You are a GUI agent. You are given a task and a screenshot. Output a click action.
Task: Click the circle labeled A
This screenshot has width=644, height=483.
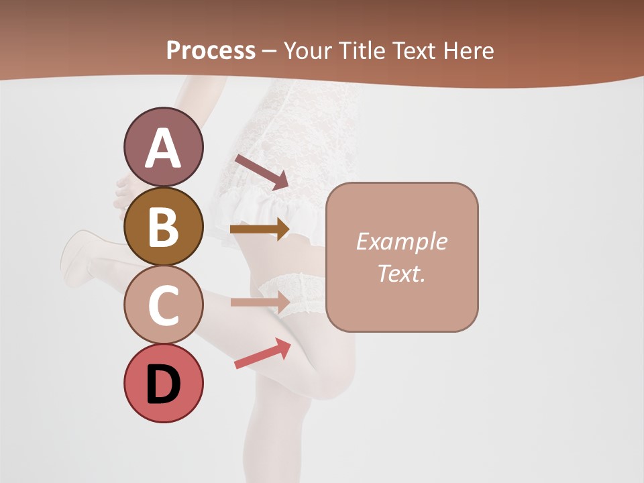pyautogui.click(x=163, y=148)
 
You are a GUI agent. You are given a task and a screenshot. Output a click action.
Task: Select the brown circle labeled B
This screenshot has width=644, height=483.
pyautogui.click(x=163, y=226)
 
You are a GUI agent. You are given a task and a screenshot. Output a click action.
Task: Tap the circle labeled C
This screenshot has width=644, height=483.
pyautogui.click(x=163, y=305)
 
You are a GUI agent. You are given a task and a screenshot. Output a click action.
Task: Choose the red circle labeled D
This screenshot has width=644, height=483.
pyautogui.click(x=163, y=383)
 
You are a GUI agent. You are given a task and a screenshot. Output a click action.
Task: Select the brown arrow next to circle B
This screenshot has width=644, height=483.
pyautogui.click(x=260, y=229)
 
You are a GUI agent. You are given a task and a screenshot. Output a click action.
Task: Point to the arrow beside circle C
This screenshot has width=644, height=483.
pyautogui.click(x=260, y=302)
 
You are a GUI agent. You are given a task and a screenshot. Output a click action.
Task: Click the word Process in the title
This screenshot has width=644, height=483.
pyautogui.click(x=211, y=50)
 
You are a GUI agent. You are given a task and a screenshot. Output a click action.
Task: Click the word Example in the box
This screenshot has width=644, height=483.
pyautogui.click(x=401, y=241)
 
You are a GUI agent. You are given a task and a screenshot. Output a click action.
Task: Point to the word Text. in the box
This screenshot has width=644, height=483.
pyautogui.click(x=401, y=273)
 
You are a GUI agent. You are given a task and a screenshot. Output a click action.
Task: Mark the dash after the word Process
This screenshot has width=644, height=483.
pyautogui.click(x=270, y=51)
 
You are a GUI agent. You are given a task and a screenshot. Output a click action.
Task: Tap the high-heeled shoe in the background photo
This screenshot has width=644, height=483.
pyautogui.click(x=77, y=258)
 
